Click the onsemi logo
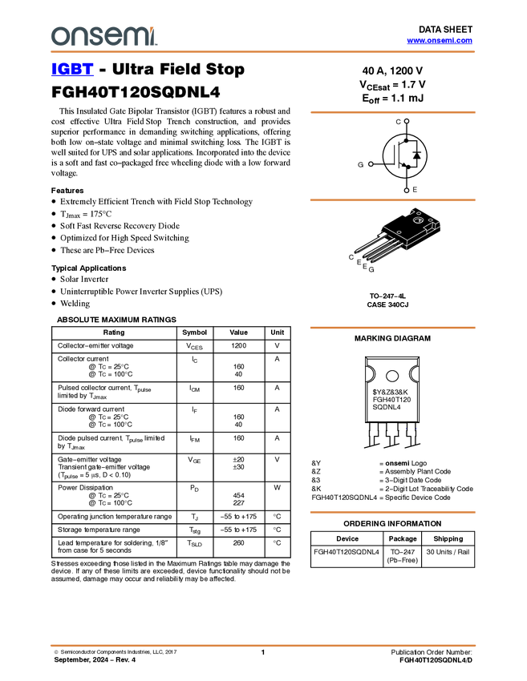pos(103,36)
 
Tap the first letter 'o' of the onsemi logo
pos(59,37)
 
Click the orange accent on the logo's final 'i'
pos(154,29)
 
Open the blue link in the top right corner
pos(440,40)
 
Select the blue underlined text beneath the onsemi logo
pos(72,70)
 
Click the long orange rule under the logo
pos(263,52)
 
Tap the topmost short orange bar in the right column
pos(392,112)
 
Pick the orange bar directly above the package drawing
pos(392,200)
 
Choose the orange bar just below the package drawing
pos(392,328)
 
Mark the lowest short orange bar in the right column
pos(392,513)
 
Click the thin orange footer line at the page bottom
pos(263,645)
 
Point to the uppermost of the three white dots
pos(407,121)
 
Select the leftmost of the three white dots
pos(371,164)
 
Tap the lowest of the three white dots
pos(407,191)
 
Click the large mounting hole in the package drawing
pos(418,220)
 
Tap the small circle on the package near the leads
pos(399,232)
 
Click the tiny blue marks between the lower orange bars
pos(409,429)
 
